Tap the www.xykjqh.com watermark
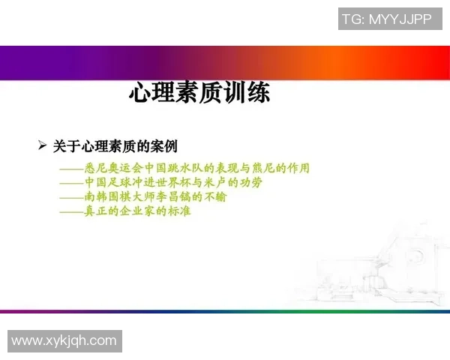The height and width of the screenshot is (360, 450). [x=64, y=341]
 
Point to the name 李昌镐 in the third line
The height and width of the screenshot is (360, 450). [x=175, y=196]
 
